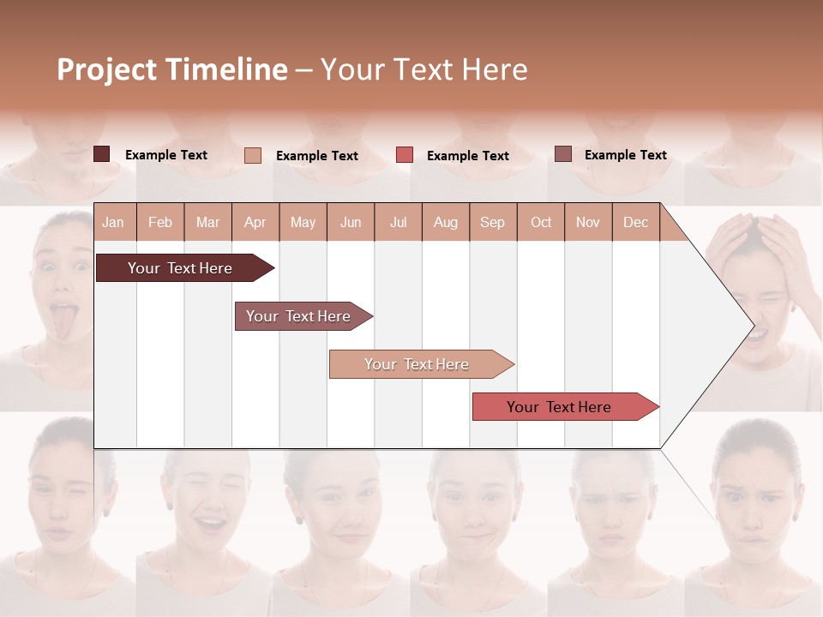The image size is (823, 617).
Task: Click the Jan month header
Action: pyautogui.click(x=113, y=223)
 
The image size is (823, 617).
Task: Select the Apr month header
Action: pyautogui.click(x=255, y=223)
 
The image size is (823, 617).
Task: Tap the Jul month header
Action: pyautogui.click(x=398, y=223)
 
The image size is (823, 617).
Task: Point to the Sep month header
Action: pyautogui.click(x=492, y=223)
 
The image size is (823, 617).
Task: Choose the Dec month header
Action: pyautogui.click(x=635, y=223)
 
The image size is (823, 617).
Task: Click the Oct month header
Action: pyautogui.click(x=541, y=223)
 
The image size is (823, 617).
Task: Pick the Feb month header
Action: pyautogui.click(x=160, y=223)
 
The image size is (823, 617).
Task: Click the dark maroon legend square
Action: pyautogui.click(x=102, y=154)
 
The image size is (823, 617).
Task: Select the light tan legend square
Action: pyautogui.click(x=253, y=155)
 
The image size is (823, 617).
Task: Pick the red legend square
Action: pyautogui.click(x=405, y=155)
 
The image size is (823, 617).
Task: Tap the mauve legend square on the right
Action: pyautogui.click(x=563, y=154)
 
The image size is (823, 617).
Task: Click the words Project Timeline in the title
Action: pyautogui.click(x=171, y=69)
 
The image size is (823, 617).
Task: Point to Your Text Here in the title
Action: pyautogui.click(x=424, y=69)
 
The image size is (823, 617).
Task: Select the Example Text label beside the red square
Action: pyautogui.click(x=467, y=156)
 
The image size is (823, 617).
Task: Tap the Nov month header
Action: pyautogui.click(x=588, y=223)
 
